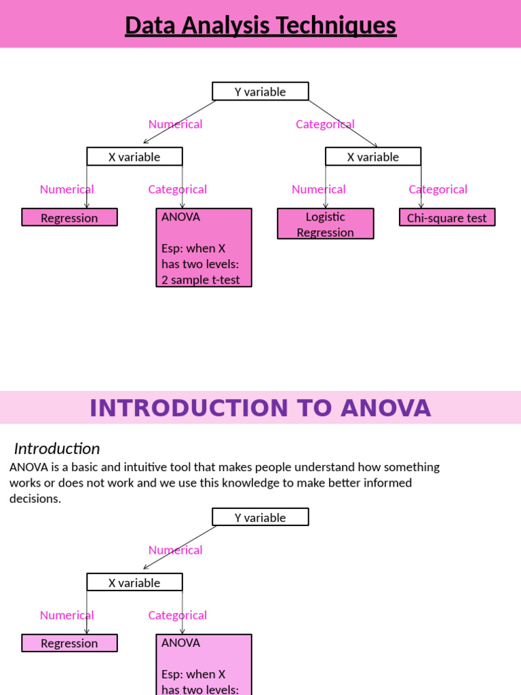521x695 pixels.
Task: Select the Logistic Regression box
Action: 326,224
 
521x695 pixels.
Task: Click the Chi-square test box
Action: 447,218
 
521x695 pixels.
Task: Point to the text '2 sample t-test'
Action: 201,280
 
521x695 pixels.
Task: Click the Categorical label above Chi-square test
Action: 438,189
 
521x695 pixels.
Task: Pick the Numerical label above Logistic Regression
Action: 319,189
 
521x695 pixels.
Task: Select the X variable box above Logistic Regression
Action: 373,157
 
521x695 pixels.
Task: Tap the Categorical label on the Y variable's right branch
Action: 326,124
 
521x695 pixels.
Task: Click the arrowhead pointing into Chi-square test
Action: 421,206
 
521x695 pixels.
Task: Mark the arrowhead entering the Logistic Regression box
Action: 326,206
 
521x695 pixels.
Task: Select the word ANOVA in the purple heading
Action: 386,408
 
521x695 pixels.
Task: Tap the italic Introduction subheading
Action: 57,449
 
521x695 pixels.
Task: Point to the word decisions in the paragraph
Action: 35,499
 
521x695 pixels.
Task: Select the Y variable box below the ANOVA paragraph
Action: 260,517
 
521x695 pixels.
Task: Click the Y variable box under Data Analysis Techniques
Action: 260,92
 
